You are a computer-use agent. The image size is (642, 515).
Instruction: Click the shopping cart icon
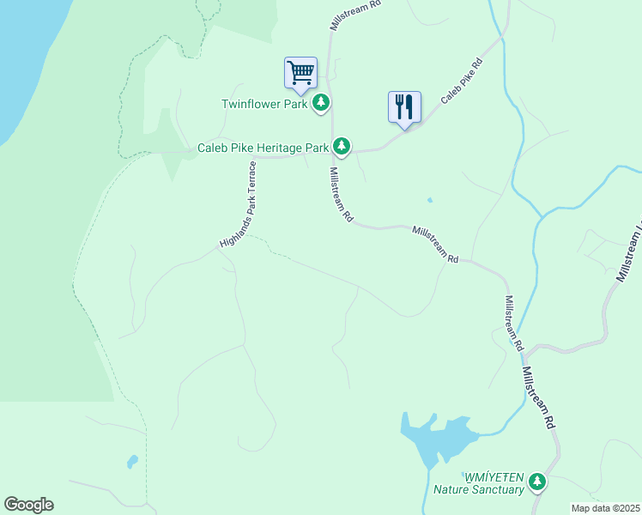pos(300,71)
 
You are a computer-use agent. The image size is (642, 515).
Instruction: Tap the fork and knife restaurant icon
pos(403,106)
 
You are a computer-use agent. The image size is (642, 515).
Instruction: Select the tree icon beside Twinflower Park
pos(321,104)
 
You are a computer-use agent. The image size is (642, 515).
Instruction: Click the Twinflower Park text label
pos(264,104)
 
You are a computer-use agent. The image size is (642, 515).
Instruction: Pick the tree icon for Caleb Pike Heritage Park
pos(342,147)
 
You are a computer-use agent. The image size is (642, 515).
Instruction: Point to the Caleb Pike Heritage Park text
pos(263,148)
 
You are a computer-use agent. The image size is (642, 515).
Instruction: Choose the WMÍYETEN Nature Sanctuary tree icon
pos(537,482)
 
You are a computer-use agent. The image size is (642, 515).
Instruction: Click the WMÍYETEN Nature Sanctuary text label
pos(494,483)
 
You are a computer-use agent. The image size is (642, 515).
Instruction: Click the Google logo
pos(28,505)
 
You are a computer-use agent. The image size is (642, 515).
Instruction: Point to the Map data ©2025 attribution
pos(605,508)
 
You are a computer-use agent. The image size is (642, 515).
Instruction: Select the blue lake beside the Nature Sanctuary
pos(438,439)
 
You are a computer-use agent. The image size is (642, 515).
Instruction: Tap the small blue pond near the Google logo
pos(132,462)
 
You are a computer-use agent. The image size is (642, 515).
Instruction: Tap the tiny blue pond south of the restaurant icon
pos(429,200)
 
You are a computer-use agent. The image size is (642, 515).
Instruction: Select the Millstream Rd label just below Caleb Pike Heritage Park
pos(340,194)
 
